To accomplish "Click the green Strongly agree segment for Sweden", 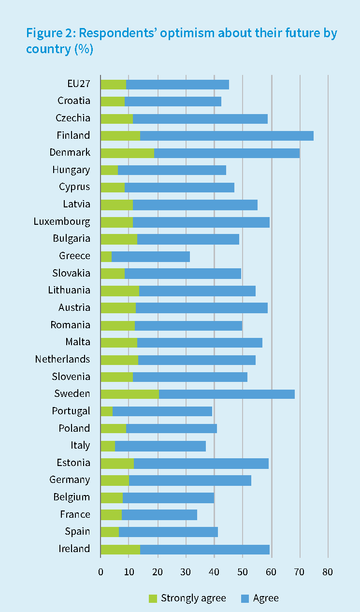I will click(130, 394).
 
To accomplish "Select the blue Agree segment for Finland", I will click(227, 136).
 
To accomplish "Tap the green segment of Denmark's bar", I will click(127, 153).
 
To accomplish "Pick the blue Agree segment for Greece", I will click(151, 256).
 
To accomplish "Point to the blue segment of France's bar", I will click(159, 515).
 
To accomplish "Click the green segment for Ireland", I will click(120, 549).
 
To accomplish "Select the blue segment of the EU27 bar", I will click(177, 84).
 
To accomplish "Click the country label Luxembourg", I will click(62, 222).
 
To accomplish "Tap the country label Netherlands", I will click(62, 359).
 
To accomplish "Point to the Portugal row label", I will click(71, 411).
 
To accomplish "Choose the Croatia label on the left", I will click(73, 101).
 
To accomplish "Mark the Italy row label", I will click(80, 445).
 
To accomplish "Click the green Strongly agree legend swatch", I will click(153, 598).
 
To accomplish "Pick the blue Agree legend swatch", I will click(245, 598).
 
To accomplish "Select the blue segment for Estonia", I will click(201, 463).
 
